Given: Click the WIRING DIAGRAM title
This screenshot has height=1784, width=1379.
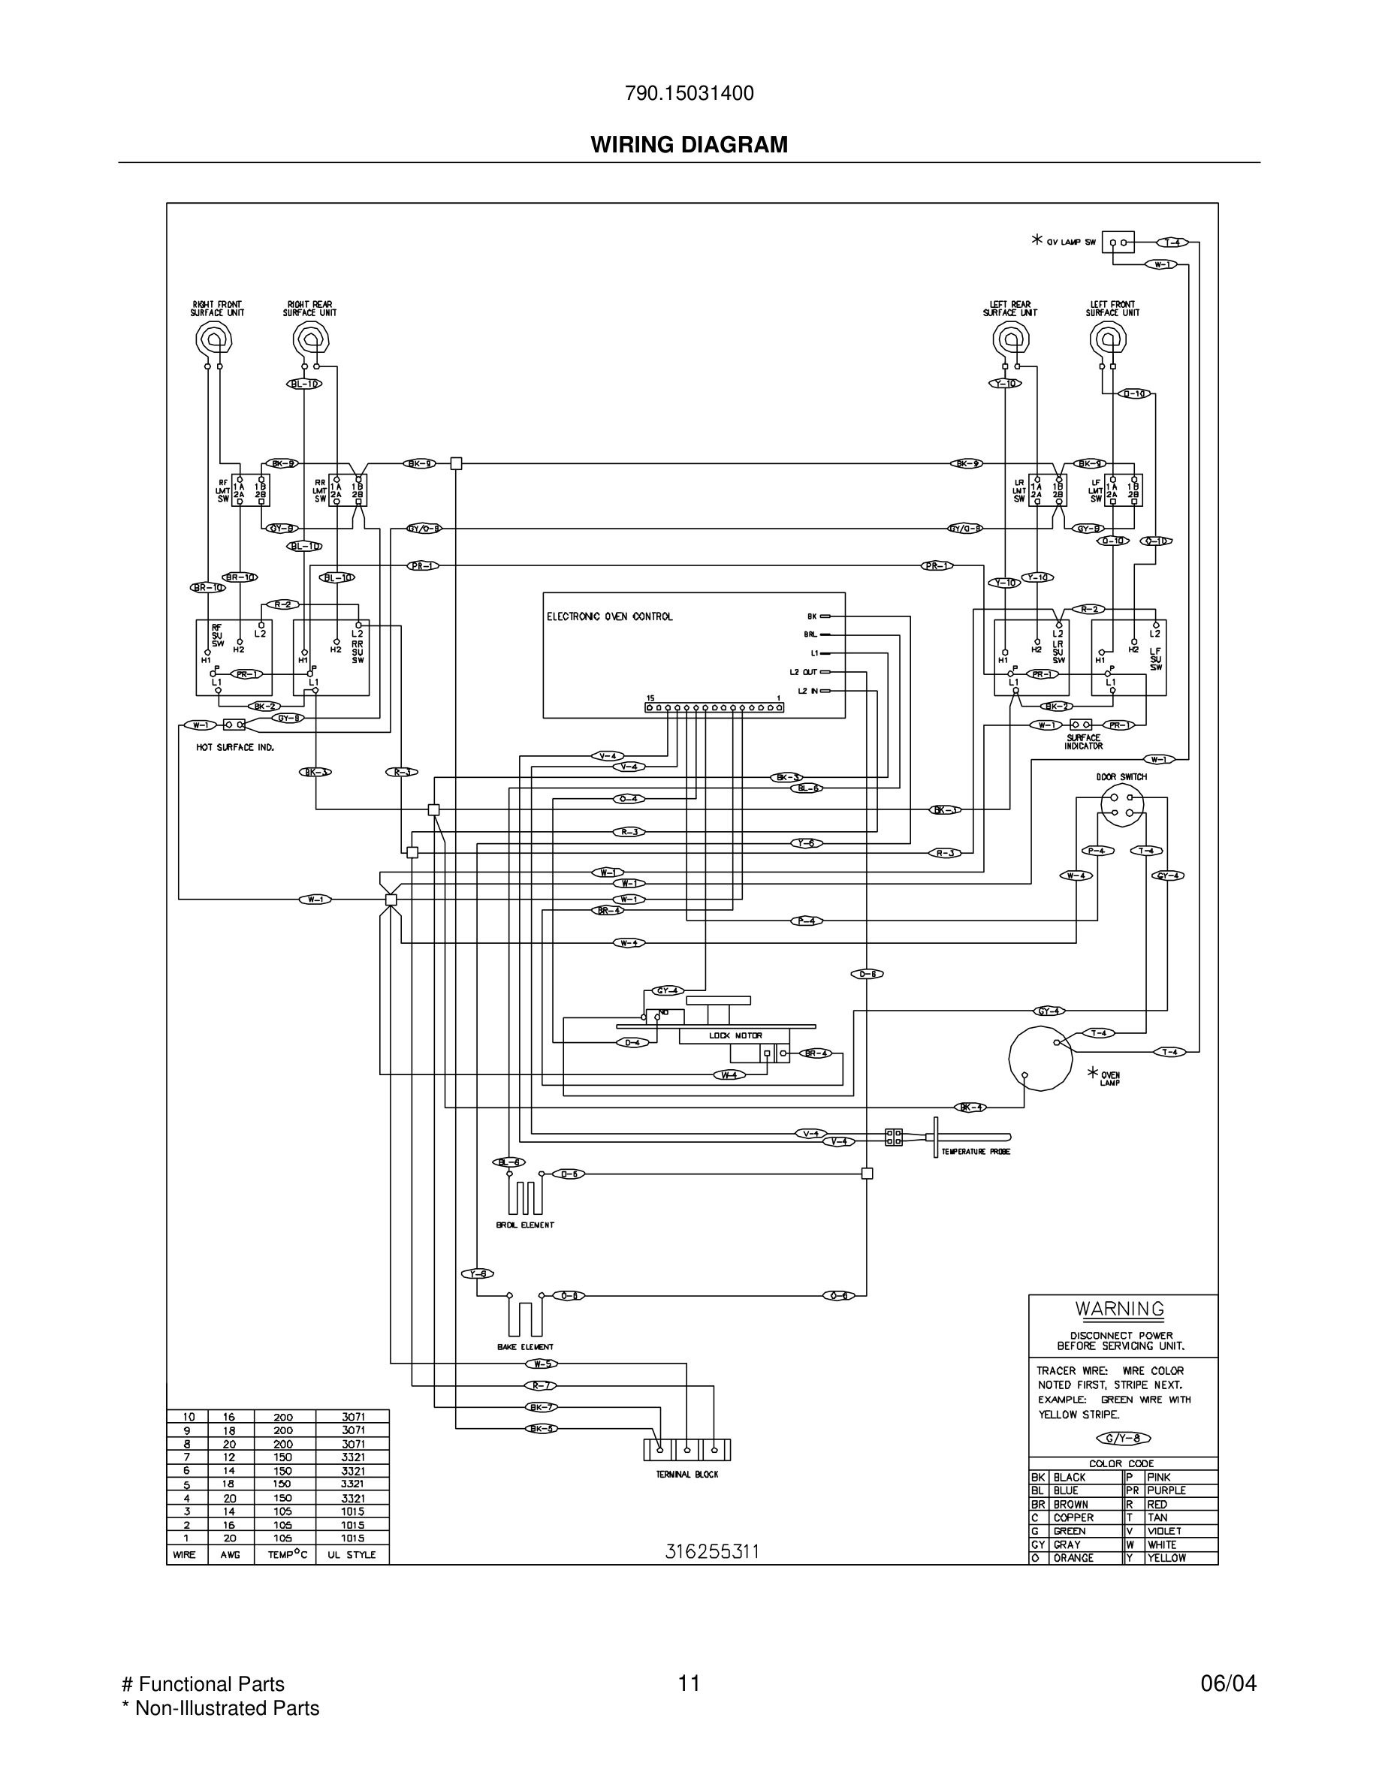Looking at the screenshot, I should coord(689,145).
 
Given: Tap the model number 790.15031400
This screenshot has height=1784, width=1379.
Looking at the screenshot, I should coord(689,94).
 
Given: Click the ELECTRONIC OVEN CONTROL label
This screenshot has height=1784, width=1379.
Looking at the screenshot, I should coord(609,616).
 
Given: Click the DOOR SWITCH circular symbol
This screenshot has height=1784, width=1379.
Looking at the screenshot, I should coord(1121,805).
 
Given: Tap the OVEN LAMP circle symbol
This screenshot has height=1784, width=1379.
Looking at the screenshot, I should coord(1040,1059).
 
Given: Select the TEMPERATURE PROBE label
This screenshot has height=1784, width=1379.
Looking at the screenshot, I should coord(976,1152).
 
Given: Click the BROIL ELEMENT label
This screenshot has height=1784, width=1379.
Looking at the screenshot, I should coord(524,1225).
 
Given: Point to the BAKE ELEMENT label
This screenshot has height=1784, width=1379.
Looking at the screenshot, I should coord(524,1347).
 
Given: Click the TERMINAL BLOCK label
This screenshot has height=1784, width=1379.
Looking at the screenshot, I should coord(687,1475).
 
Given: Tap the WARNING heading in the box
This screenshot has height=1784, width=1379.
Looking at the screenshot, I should coord(1119,1309).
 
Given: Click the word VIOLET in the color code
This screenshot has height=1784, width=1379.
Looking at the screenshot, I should coord(1163,1531).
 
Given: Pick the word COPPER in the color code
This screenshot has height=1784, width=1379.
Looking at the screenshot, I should coord(1073,1517).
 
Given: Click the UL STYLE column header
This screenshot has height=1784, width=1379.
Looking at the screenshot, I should coord(352,1555).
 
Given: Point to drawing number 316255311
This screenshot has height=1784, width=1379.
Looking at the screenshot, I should coord(711,1552).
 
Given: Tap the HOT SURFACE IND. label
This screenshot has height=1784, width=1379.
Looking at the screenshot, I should coord(234,747).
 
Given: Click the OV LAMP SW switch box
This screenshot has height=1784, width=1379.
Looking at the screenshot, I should coord(1118,243).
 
